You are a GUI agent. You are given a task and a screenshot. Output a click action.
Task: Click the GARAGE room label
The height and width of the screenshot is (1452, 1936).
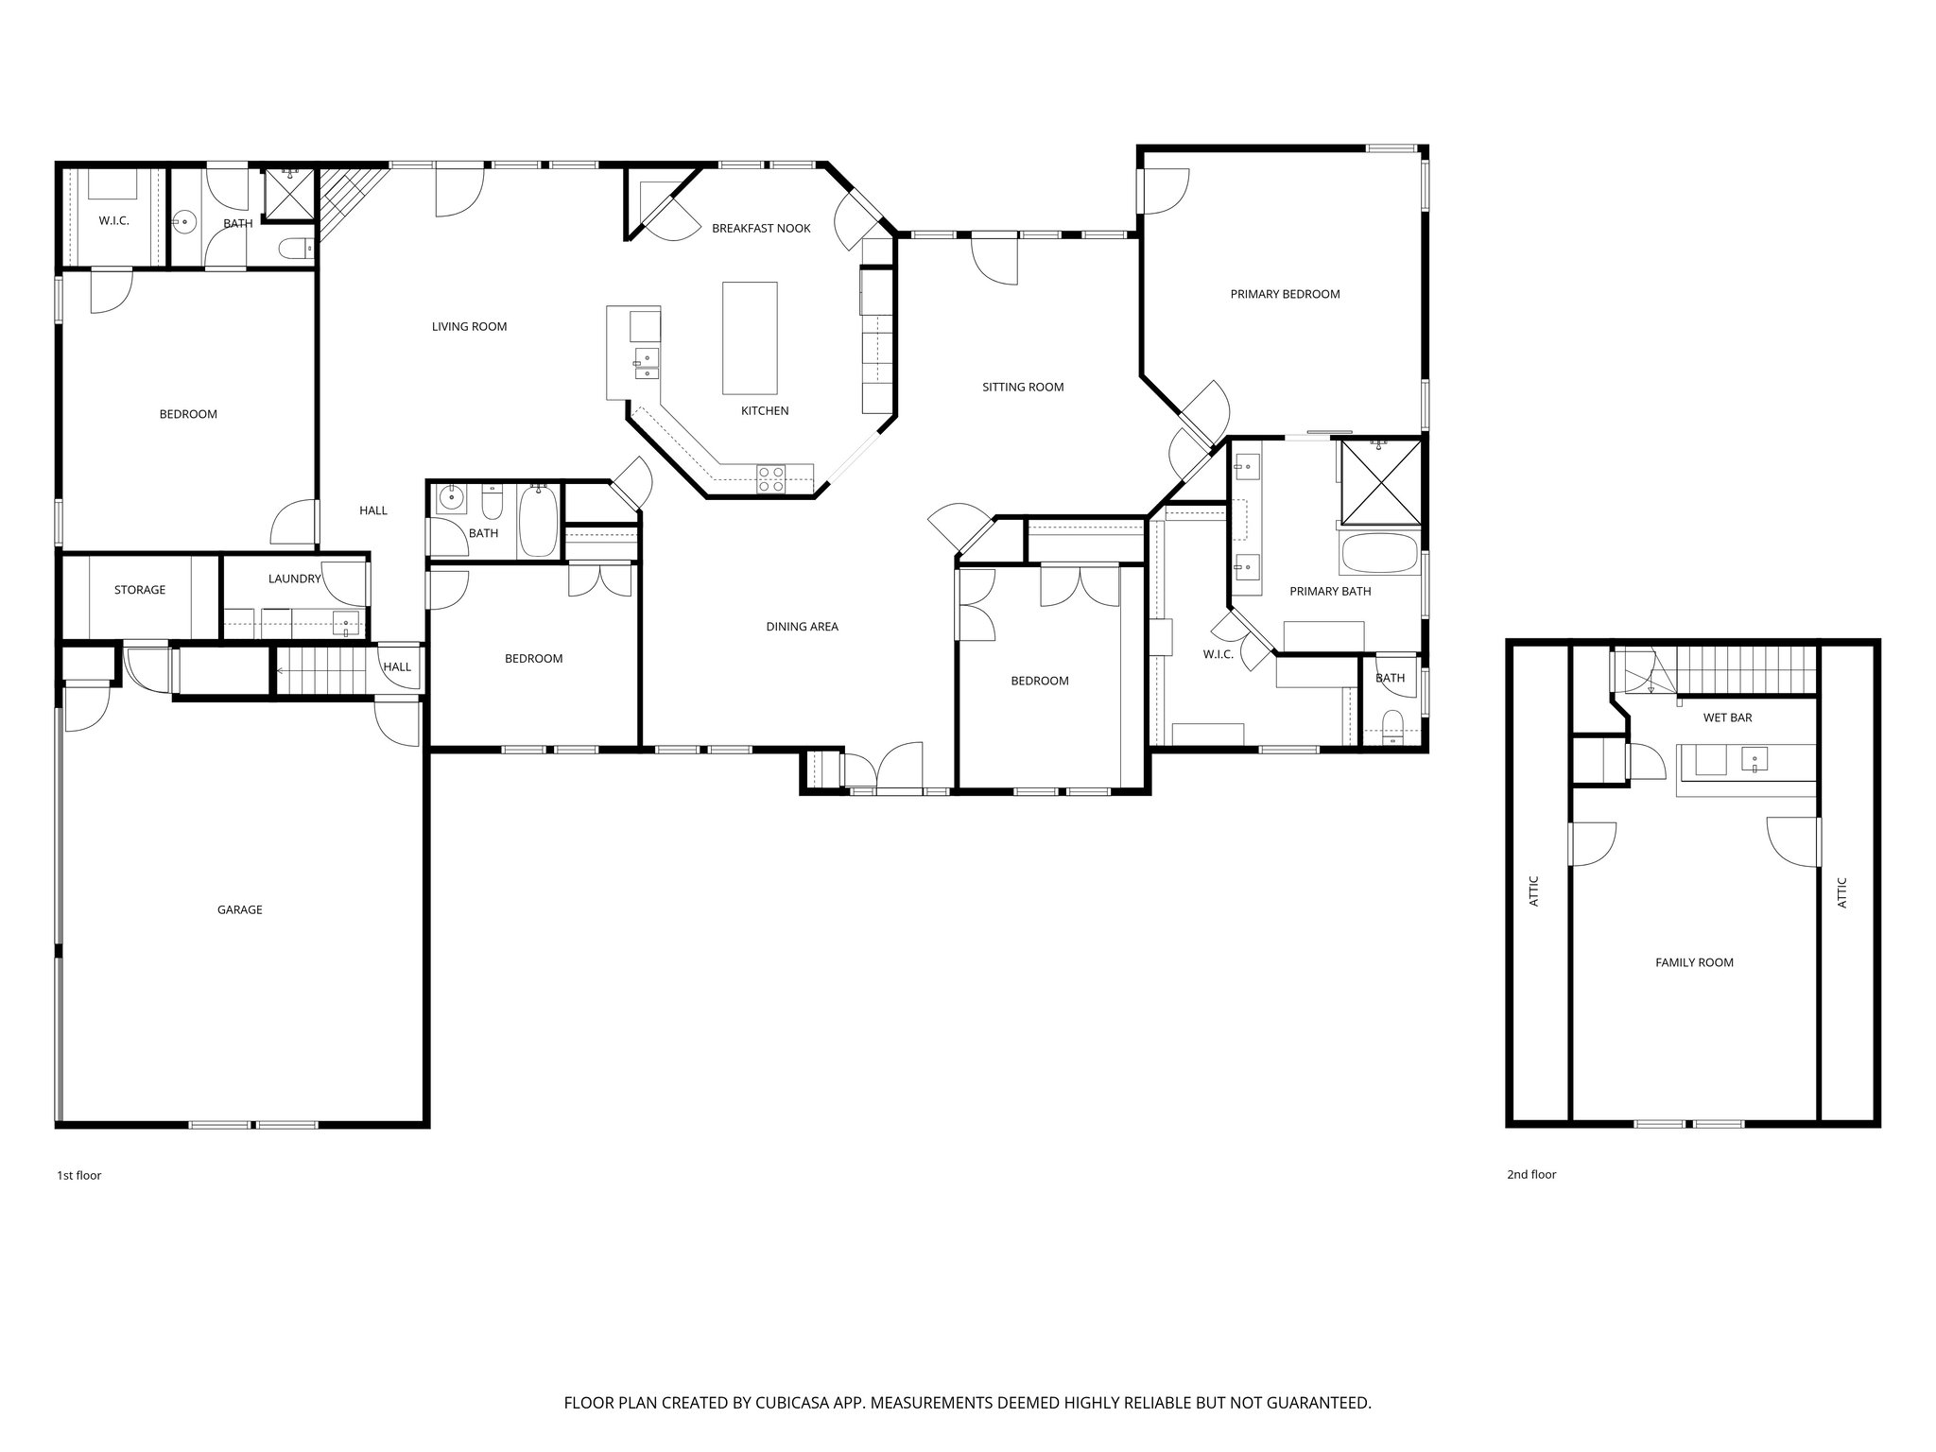click(239, 909)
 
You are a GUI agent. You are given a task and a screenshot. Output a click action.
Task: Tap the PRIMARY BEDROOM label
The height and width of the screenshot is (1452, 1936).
click(1285, 294)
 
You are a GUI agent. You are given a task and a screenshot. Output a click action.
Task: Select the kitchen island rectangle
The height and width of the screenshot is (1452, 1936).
click(750, 337)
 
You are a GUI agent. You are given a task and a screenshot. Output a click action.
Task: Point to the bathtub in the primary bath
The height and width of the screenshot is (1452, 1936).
click(1379, 554)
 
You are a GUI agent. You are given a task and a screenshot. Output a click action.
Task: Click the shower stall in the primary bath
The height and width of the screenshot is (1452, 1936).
click(1380, 483)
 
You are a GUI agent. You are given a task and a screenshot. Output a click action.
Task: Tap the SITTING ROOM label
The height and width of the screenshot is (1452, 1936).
click(1023, 387)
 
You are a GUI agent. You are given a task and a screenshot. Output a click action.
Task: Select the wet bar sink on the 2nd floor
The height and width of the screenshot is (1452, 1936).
click(1754, 759)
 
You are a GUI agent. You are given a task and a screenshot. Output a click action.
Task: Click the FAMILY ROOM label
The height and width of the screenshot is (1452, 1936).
click(1694, 962)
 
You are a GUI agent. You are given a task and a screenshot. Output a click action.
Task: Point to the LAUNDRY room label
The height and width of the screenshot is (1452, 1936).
click(294, 579)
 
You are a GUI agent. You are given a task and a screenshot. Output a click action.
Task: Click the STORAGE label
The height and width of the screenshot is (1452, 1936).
click(140, 590)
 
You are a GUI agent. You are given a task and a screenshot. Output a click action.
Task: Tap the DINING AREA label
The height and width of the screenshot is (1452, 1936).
click(802, 626)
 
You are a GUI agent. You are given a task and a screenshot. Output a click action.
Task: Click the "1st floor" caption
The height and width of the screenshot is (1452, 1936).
click(78, 1175)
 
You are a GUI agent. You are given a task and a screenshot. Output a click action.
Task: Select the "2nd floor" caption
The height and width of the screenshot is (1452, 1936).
click(1530, 1174)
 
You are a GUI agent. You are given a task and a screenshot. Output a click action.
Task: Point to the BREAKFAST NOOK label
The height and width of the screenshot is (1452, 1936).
click(761, 228)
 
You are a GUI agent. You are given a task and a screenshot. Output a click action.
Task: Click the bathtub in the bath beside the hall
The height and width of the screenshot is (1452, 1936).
click(538, 521)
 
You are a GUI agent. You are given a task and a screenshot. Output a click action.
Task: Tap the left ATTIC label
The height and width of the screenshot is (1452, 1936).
click(1534, 891)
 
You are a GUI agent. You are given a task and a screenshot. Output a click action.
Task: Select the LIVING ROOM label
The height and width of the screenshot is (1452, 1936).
click(469, 326)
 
